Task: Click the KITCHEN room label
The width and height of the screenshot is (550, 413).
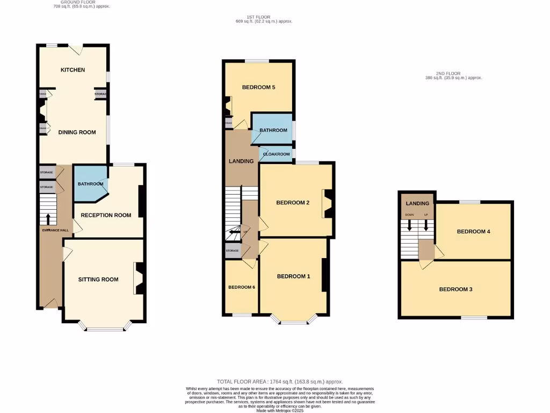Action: pyautogui.click(x=73, y=70)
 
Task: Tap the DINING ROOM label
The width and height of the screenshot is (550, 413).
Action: pyautogui.click(x=77, y=132)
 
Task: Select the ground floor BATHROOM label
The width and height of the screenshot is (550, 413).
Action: pyautogui.click(x=90, y=184)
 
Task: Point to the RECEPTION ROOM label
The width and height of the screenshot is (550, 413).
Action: pyautogui.click(x=106, y=215)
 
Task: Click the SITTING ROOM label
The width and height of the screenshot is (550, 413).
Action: pyautogui.click(x=98, y=279)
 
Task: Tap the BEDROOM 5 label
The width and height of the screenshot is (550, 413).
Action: pyautogui.click(x=258, y=87)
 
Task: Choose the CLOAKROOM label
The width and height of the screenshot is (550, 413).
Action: pyautogui.click(x=277, y=154)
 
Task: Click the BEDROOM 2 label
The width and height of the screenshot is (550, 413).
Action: pyautogui.click(x=293, y=203)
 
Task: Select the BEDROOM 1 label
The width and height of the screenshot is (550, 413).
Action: pyautogui.click(x=293, y=276)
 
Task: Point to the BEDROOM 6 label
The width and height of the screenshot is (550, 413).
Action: pyautogui.click(x=242, y=287)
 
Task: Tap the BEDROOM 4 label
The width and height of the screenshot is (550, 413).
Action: pyautogui.click(x=474, y=231)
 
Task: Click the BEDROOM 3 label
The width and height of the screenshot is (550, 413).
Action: pyautogui.click(x=455, y=289)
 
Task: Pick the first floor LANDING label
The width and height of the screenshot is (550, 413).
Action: pyautogui.click(x=241, y=161)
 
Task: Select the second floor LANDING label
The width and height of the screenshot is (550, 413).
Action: pyautogui.click(x=417, y=203)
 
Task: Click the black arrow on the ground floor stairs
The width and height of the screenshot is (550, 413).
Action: pyautogui.click(x=48, y=219)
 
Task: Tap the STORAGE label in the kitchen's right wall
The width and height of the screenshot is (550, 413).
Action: pyautogui.click(x=100, y=94)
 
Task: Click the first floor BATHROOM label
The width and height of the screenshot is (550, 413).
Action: pyautogui.click(x=273, y=130)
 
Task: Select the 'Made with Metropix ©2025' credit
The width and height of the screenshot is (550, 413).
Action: pyautogui.click(x=280, y=410)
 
